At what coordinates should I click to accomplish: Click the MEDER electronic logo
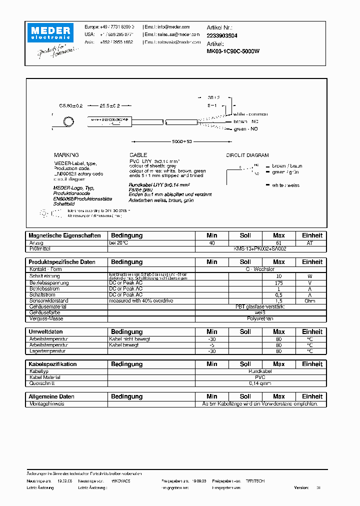coord(52,32)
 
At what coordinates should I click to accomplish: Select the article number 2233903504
coord(222,36)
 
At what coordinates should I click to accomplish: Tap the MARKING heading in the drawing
coord(66,155)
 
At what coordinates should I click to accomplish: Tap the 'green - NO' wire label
coord(246,129)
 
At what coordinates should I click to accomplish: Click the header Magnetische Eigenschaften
coord(64,235)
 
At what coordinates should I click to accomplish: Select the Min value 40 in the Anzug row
coord(212,243)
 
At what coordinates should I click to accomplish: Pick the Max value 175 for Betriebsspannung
coord(278,282)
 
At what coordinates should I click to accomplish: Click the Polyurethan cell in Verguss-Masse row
coord(260,318)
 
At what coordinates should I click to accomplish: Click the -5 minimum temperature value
coord(212,345)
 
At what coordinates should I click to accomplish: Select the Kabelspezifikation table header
coord(52,364)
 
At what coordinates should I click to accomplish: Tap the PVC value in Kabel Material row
coord(260,377)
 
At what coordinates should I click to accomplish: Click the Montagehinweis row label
coord(47,403)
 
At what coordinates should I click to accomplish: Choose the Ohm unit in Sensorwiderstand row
coord(312,300)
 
